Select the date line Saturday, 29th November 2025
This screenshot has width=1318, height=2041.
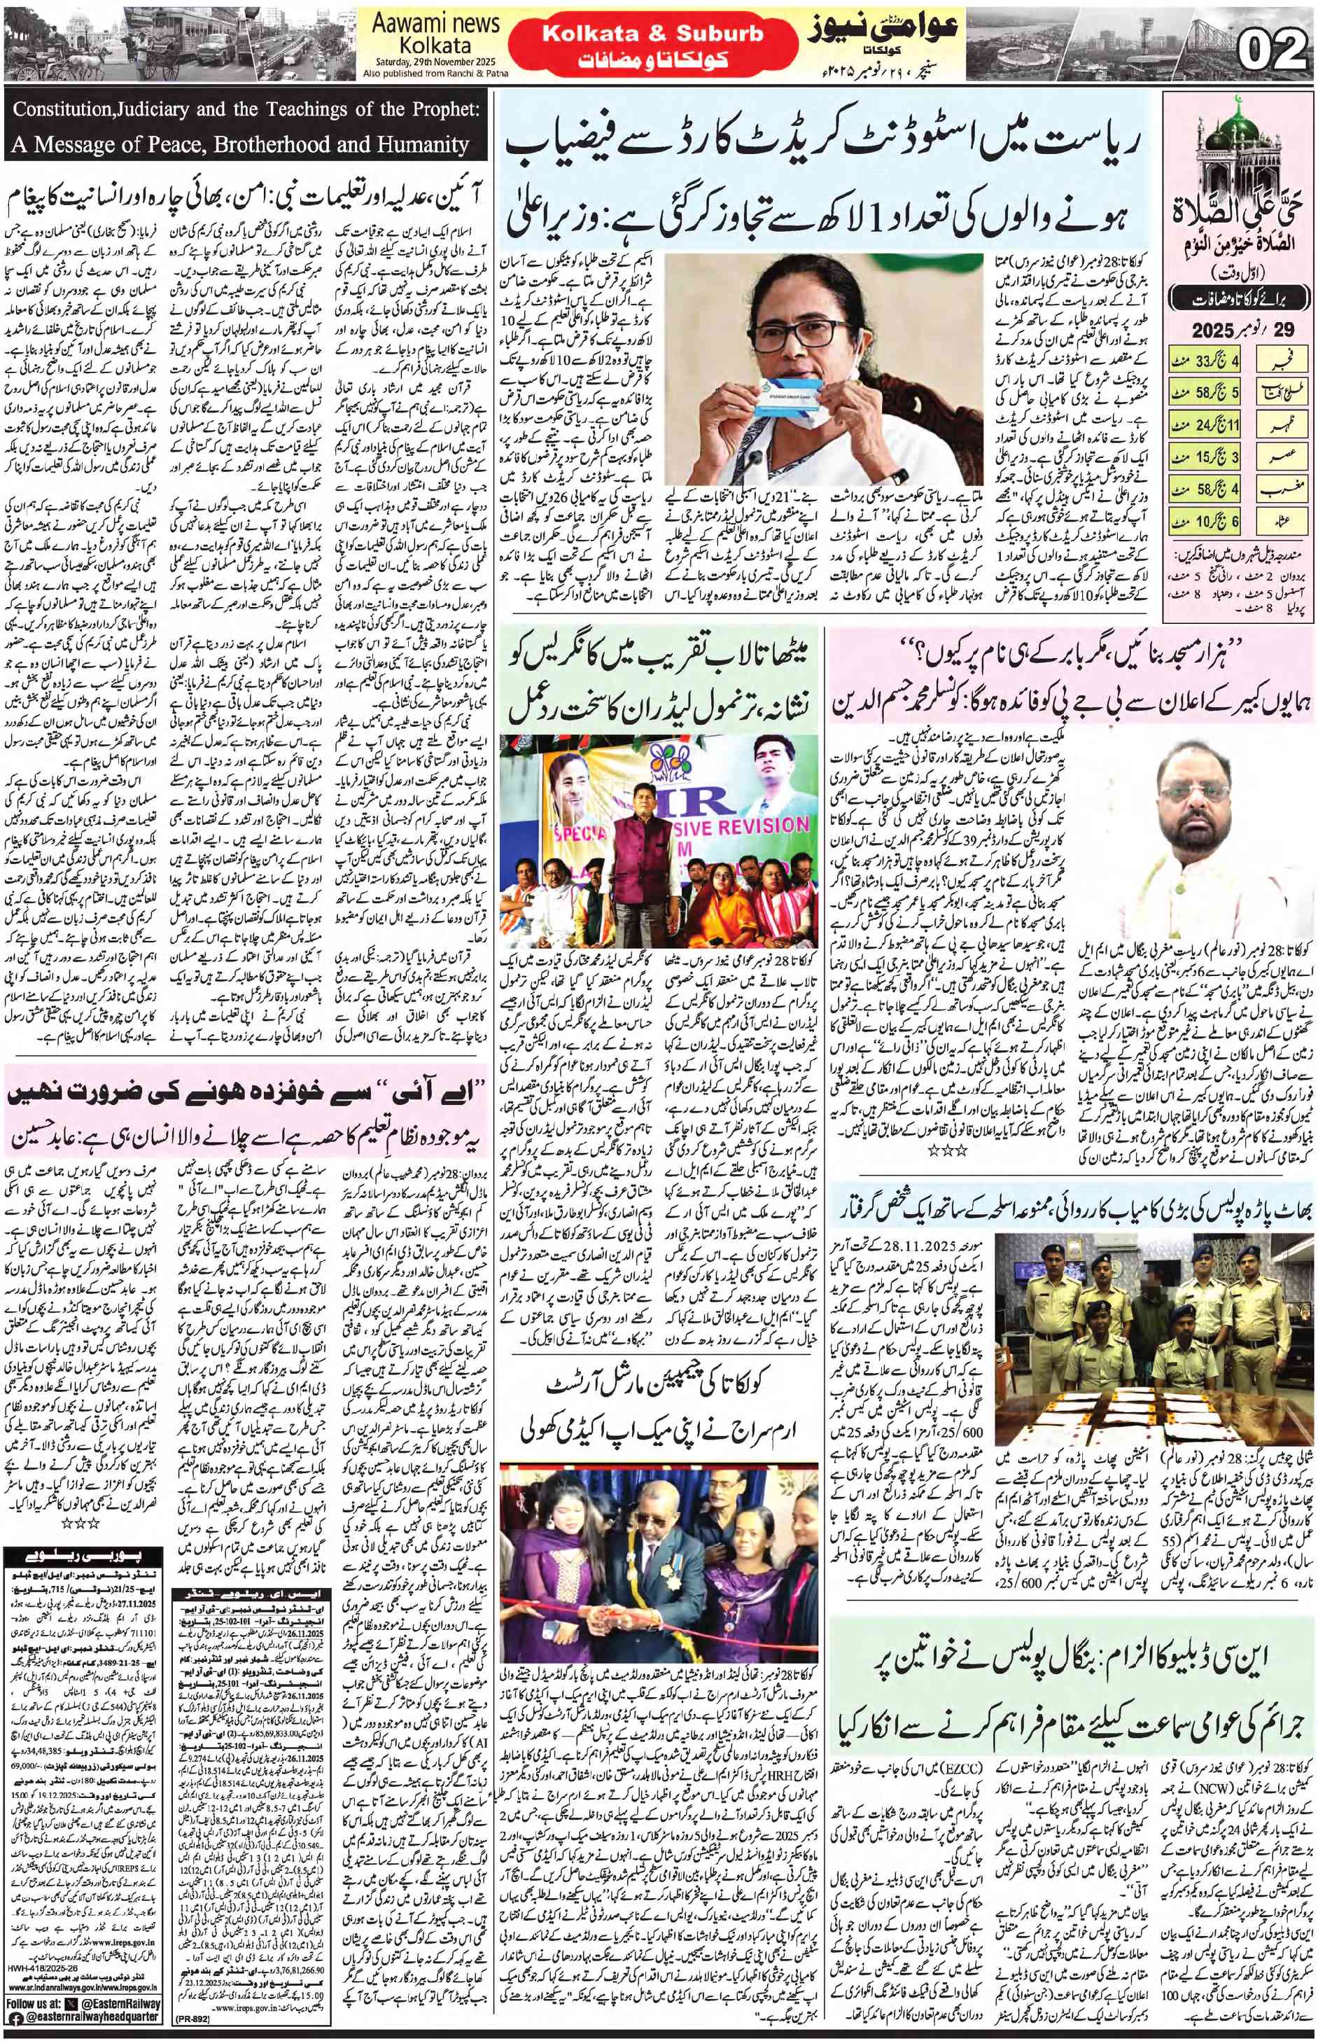(x=434, y=62)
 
